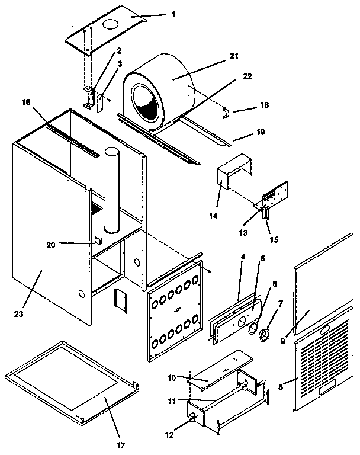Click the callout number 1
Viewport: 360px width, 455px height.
173,14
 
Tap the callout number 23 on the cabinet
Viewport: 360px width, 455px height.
20,313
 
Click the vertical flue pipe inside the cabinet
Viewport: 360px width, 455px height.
111,190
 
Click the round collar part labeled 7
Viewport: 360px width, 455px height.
263,337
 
